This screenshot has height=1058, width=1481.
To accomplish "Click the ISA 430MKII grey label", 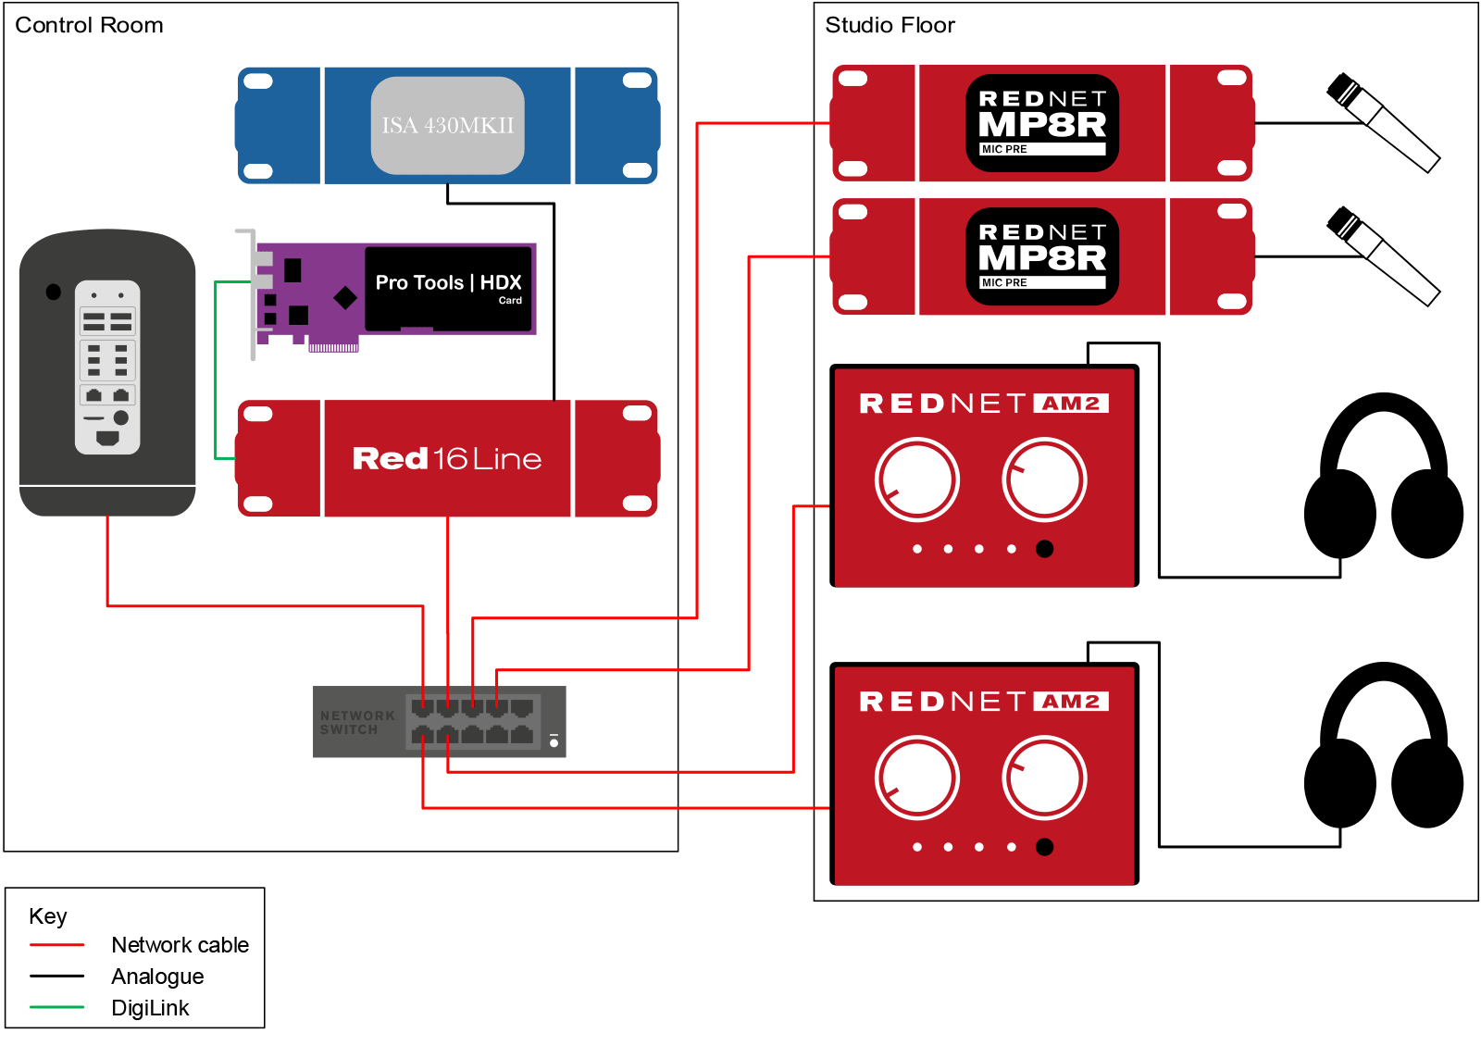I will pyautogui.click(x=447, y=125).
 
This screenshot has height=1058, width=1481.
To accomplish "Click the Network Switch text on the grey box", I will pyautogui.click(x=356, y=723).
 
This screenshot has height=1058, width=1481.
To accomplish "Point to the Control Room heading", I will pyautogui.click(x=89, y=25).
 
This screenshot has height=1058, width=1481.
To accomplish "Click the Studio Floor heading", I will pyautogui.click(x=889, y=25).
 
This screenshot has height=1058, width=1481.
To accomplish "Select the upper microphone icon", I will pyautogui.click(x=1382, y=123).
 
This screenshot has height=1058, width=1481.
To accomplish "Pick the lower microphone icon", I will pyautogui.click(x=1382, y=256).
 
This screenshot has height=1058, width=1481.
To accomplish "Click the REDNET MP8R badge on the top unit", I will pyautogui.click(x=1041, y=123).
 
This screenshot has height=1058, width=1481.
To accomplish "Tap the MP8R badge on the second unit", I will pyautogui.click(x=1041, y=256).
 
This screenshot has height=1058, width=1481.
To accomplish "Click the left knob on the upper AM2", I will pyautogui.click(x=916, y=480).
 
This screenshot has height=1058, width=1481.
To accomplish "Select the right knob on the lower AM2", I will pyautogui.click(x=1044, y=778).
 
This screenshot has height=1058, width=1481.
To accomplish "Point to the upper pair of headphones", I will pyautogui.click(x=1383, y=481).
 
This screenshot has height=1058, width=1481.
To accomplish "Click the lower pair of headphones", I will pyautogui.click(x=1383, y=750).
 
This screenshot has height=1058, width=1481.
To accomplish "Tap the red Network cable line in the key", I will pyautogui.click(x=56, y=945).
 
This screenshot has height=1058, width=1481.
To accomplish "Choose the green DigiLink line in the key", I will pyautogui.click(x=56, y=1008).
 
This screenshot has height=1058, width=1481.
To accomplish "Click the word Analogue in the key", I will pyautogui.click(x=157, y=977).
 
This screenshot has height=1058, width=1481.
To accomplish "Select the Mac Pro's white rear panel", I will pyautogui.click(x=107, y=367).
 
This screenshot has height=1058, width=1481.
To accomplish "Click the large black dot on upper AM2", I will pyautogui.click(x=1044, y=549).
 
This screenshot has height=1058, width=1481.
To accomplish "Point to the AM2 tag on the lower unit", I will pyautogui.click(x=1071, y=702).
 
